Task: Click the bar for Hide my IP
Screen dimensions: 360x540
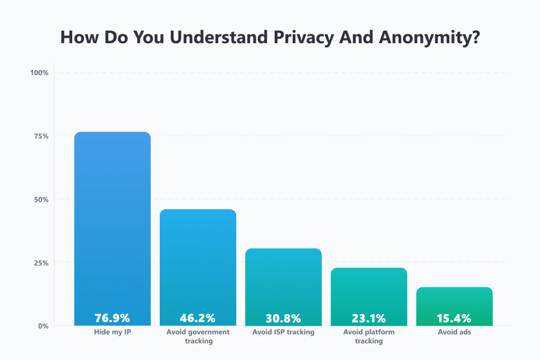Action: tap(112, 221)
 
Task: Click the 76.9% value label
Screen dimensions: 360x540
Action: tap(112, 318)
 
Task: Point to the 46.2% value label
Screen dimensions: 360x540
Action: tap(198, 318)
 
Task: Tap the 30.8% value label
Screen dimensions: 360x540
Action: tap(283, 318)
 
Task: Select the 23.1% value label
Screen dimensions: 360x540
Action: tap(369, 318)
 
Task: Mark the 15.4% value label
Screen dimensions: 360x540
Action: tap(454, 318)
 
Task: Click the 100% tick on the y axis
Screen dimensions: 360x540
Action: tap(40, 73)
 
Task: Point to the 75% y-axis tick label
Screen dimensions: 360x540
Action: tap(42, 136)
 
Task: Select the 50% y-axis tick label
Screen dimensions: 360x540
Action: tap(42, 199)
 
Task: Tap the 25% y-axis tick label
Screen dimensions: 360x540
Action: tap(42, 262)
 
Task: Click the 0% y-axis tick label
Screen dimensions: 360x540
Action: tap(43, 326)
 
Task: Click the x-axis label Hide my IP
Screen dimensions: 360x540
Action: tap(112, 332)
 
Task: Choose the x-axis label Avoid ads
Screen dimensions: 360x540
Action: tap(454, 332)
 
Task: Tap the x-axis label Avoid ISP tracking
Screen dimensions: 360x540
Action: tap(283, 332)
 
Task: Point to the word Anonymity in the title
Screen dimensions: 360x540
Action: tap(430, 38)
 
